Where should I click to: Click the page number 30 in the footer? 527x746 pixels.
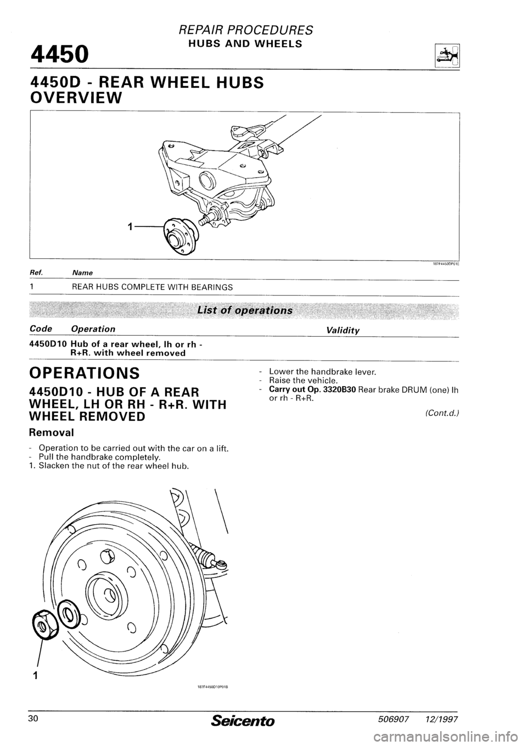click(x=36, y=719)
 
